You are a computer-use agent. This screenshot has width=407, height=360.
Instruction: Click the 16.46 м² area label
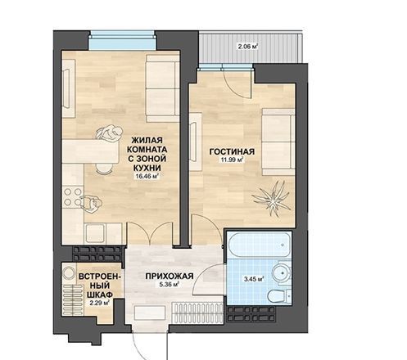point(147,176)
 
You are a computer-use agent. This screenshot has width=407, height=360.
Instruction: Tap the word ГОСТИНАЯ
point(232,151)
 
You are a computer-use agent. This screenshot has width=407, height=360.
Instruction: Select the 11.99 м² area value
point(232,160)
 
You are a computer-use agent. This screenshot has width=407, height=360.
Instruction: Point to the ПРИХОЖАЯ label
point(170,276)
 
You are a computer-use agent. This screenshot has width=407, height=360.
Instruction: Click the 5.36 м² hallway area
point(170,285)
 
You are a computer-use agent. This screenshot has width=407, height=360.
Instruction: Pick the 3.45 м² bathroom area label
point(254,279)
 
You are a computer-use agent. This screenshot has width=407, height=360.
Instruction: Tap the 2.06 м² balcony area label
point(248,47)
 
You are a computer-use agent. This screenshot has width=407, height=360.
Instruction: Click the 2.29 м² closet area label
point(99,303)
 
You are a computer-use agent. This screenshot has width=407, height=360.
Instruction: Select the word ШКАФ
point(100,295)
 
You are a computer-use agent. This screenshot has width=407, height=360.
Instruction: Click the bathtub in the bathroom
point(259,245)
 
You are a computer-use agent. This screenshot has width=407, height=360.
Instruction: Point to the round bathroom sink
point(282,272)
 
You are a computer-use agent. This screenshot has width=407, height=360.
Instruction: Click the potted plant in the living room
point(271,199)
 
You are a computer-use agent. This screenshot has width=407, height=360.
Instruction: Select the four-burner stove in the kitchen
point(73,196)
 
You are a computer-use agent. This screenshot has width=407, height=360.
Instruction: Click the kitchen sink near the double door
point(95,233)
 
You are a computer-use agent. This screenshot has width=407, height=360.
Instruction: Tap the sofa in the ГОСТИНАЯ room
point(278,142)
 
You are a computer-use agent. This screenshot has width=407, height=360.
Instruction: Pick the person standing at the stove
point(91,204)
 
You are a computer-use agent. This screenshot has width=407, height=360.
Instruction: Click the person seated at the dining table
point(109,133)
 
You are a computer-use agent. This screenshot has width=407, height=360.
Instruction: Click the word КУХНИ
point(147,168)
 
